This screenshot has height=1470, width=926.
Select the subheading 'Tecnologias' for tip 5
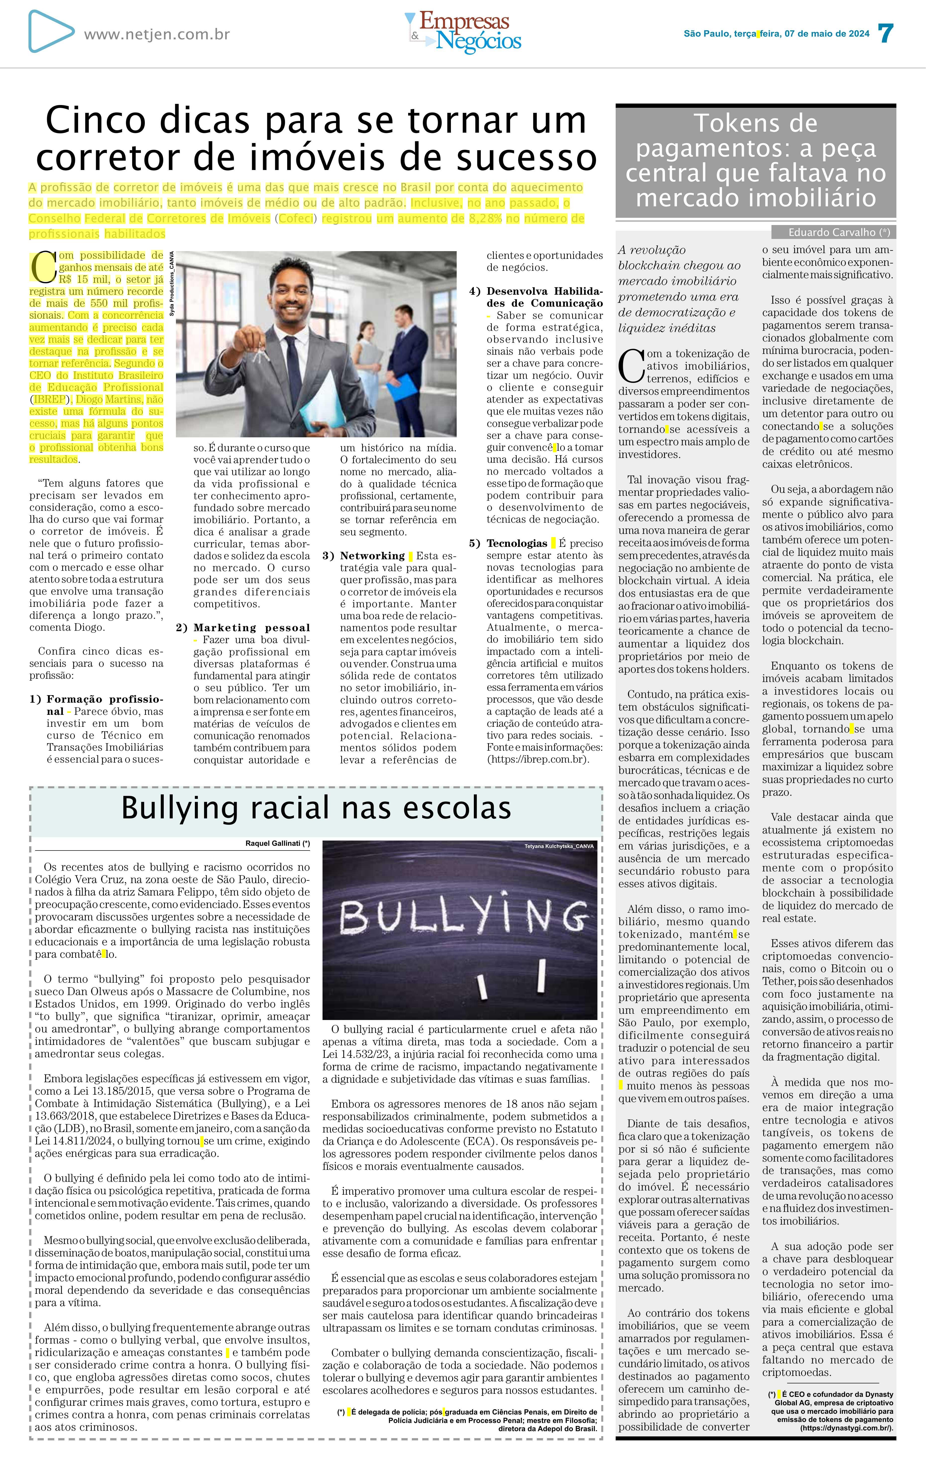click(x=517, y=543)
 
